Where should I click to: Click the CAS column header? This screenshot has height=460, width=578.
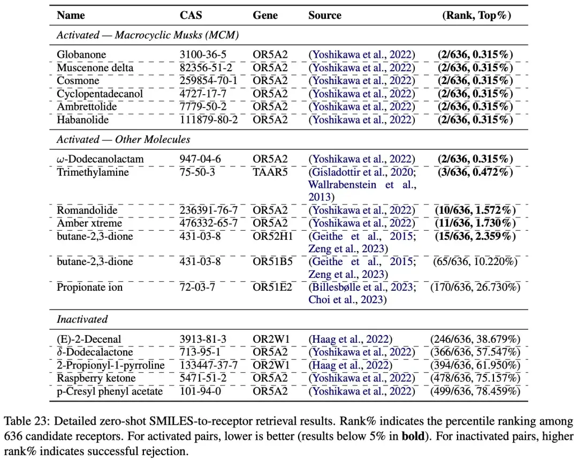(x=191, y=15)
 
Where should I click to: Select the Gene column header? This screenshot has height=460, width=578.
(x=265, y=15)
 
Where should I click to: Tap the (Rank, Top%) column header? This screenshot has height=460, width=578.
(x=477, y=15)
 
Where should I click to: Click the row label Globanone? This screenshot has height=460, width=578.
(x=81, y=55)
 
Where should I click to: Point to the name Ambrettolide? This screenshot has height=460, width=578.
(x=87, y=107)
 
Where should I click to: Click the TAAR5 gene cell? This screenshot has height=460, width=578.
(x=270, y=172)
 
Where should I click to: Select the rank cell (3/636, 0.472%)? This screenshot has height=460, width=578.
(x=475, y=172)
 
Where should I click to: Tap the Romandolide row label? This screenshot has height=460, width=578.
(x=87, y=210)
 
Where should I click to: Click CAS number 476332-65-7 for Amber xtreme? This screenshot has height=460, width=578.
(x=208, y=223)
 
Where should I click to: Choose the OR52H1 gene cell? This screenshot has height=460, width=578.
(x=272, y=236)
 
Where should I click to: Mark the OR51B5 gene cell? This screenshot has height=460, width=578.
(x=272, y=261)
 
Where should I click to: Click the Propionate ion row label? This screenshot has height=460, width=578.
(x=89, y=287)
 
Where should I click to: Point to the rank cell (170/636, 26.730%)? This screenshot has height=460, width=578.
(x=475, y=287)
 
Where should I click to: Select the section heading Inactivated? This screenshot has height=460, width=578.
(x=82, y=319)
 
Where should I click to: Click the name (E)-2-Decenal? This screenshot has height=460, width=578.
(x=89, y=339)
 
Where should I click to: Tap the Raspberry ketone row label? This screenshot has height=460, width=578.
(x=96, y=378)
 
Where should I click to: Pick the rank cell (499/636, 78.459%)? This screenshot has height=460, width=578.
(x=475, y=391)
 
